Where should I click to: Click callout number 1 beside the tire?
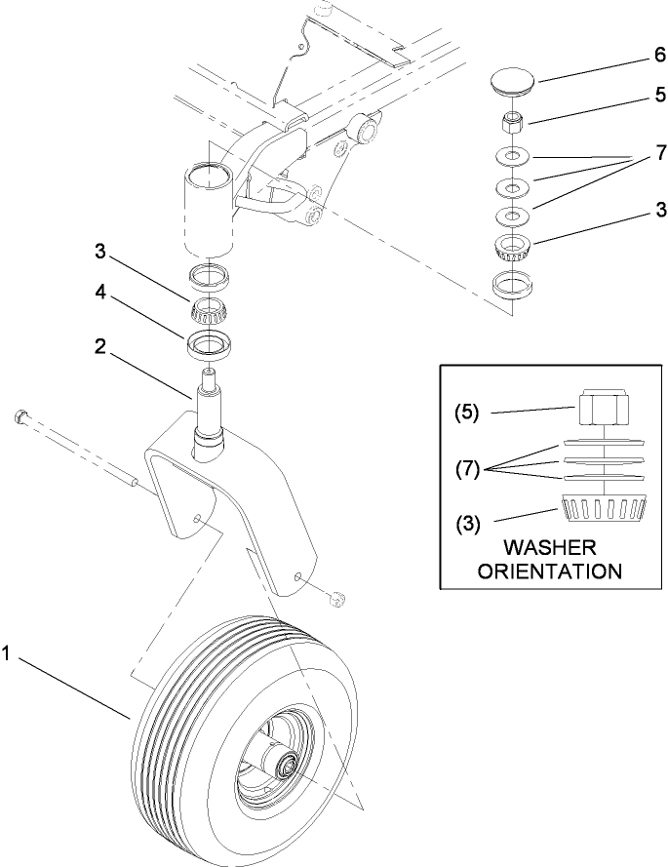(8, 656)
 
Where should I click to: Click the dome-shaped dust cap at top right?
(513, 80)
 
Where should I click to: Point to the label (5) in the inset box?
(468, 413)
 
